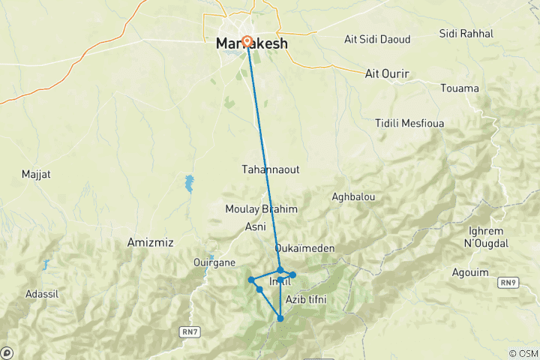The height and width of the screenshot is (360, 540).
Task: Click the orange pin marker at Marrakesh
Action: pos(247,41)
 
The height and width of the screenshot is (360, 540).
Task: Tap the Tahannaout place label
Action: pos(271,169)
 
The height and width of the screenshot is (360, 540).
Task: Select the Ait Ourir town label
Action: pos(389,73)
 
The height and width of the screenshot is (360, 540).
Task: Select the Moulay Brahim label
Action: pos(262,209)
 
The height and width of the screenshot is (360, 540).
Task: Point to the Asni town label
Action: pos(255,226)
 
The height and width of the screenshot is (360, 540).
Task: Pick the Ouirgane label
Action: pos(215,262)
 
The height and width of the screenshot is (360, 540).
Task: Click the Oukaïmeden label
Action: pos(304,247)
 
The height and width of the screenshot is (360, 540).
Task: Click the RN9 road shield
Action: pos(510,282)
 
